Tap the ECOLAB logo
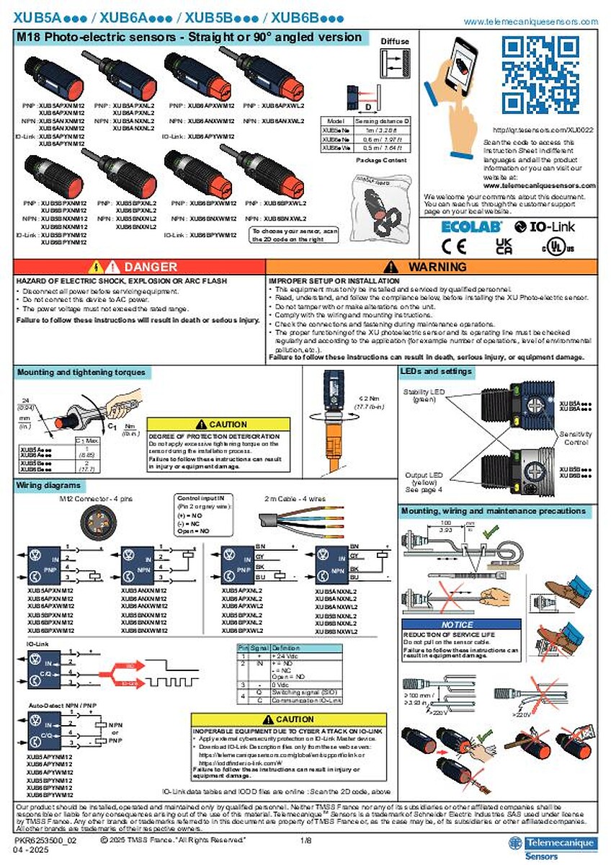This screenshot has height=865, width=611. click(x=466, y=226)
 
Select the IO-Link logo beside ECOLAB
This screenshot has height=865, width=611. click(x=545, y=226)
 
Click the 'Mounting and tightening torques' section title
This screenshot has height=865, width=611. click(x=81, y=373)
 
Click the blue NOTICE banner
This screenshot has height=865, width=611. click(x=458, y=624)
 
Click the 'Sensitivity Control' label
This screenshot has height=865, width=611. click(x=576, y=439)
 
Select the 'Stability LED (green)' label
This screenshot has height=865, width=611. click(x=424, y=396)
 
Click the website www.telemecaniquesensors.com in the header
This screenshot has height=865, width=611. click(x=530, y=22)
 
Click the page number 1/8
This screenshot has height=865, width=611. click(x=306, y=840)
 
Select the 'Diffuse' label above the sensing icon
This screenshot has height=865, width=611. click(x=394, y=42)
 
